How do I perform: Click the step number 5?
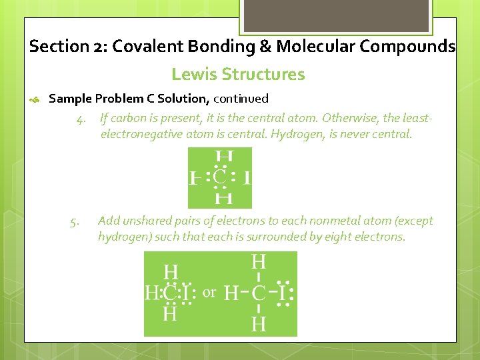[x=74, y=221]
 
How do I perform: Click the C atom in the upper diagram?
[x=220, y=177]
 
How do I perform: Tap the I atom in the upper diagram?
[x=247, y=178]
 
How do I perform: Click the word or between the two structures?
[x=209, y=292]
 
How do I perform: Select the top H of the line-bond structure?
[x=259, y=261]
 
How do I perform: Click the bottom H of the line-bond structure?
[x=259, y=324]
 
